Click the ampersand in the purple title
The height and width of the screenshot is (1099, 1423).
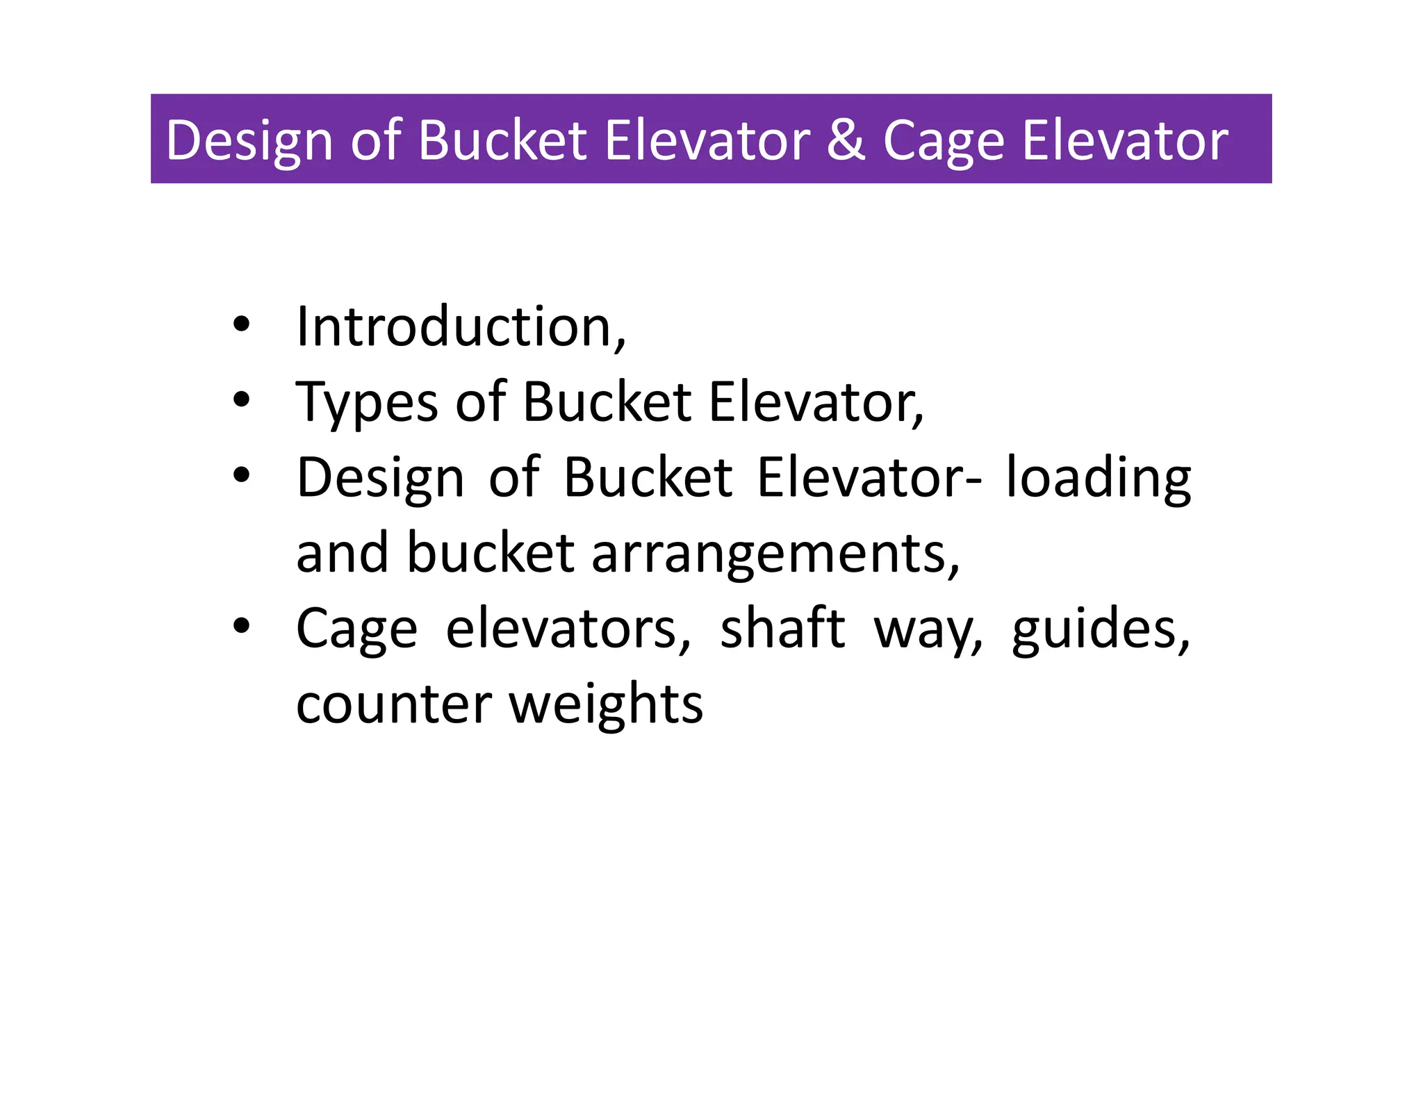click(x=846, y=140)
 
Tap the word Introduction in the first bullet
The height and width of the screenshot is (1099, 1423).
click(x=461, y=327)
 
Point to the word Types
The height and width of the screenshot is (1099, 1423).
click(x=367, y=403)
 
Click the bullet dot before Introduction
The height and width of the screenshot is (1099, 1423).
click(x=241, y=324)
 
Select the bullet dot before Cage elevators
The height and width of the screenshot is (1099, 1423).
click(x=241, y=626)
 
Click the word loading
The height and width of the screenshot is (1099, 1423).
click(x=1099, y=479)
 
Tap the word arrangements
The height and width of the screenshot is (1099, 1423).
click(x=775, y=554)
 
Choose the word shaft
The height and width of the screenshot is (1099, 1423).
click(x=782, y=628)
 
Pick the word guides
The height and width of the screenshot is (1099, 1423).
click(x=1101, y=629)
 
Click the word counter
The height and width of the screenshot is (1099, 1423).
click(x=394, y=704)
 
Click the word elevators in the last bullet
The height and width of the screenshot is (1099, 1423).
click(x=568, y=628)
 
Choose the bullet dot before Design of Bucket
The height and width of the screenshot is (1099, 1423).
click(x=241, y=475)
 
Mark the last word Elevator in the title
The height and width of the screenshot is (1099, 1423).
click(x=1125, y=140)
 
